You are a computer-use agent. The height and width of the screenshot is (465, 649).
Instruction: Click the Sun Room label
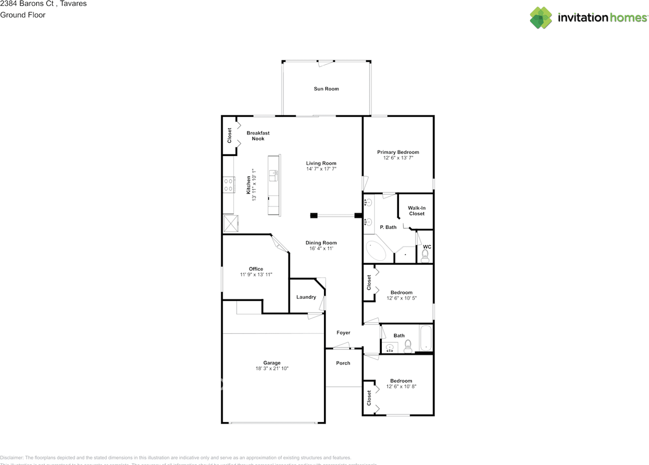click(326, 89)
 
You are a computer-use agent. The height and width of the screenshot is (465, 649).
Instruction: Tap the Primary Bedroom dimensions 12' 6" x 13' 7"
click(398, 158)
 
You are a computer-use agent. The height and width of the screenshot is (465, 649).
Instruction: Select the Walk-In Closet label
click(416, 211)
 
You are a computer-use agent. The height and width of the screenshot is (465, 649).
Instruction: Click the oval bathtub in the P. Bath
click(376, 251)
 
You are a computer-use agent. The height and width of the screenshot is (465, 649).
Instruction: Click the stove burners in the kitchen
click(228, 184)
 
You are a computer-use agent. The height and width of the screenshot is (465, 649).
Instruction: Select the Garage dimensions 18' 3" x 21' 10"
click(272, 369)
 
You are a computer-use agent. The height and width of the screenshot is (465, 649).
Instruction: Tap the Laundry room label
click(306, 297)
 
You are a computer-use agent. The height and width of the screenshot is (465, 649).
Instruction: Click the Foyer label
click(343, 333)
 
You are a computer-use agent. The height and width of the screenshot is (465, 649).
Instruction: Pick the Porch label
click(343, 363)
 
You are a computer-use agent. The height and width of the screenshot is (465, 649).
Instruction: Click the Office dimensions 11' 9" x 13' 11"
click(256, 275)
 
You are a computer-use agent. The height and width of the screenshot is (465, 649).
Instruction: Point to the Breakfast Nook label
click(258, 136)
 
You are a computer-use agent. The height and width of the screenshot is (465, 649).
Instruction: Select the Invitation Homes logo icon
click(540, 18)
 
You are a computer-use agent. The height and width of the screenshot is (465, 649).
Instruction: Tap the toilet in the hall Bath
click(408, 346)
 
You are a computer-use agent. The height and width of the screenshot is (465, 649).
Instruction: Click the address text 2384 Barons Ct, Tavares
click(43, 4)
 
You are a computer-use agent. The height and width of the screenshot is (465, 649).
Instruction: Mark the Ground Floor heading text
click(23, 15)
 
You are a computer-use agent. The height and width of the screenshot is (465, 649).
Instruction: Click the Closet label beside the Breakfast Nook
click(229, 135)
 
